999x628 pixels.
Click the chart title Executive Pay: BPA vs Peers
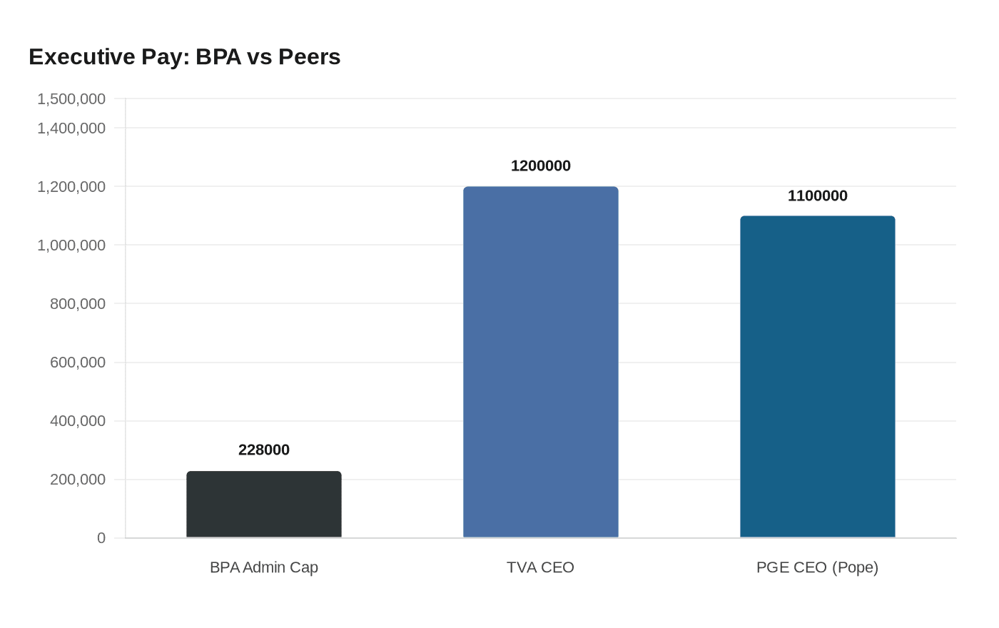(185, 57)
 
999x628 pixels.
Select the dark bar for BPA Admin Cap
(264, 505)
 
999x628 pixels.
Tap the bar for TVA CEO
(541, 363)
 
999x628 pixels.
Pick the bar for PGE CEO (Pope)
(818, 377)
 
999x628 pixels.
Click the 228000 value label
(264, 450)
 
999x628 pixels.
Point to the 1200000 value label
(541, 166)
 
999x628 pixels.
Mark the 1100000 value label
(818, 196)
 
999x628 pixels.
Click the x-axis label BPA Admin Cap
(264, 567)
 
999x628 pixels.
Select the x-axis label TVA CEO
(541, 567)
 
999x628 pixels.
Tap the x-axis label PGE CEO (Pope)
(818, 567)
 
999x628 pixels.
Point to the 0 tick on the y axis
(101, 538)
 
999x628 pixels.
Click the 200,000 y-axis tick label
(78, 480)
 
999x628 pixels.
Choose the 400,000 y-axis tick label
(78, 421)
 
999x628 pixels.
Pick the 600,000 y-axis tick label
(78, 363)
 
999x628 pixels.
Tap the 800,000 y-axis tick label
(78, 304)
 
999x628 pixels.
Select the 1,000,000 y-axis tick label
(71, 245)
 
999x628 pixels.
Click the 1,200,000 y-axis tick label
(71, 187)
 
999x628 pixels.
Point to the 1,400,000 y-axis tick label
(71, 128)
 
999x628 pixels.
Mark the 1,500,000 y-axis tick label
(71, 99)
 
